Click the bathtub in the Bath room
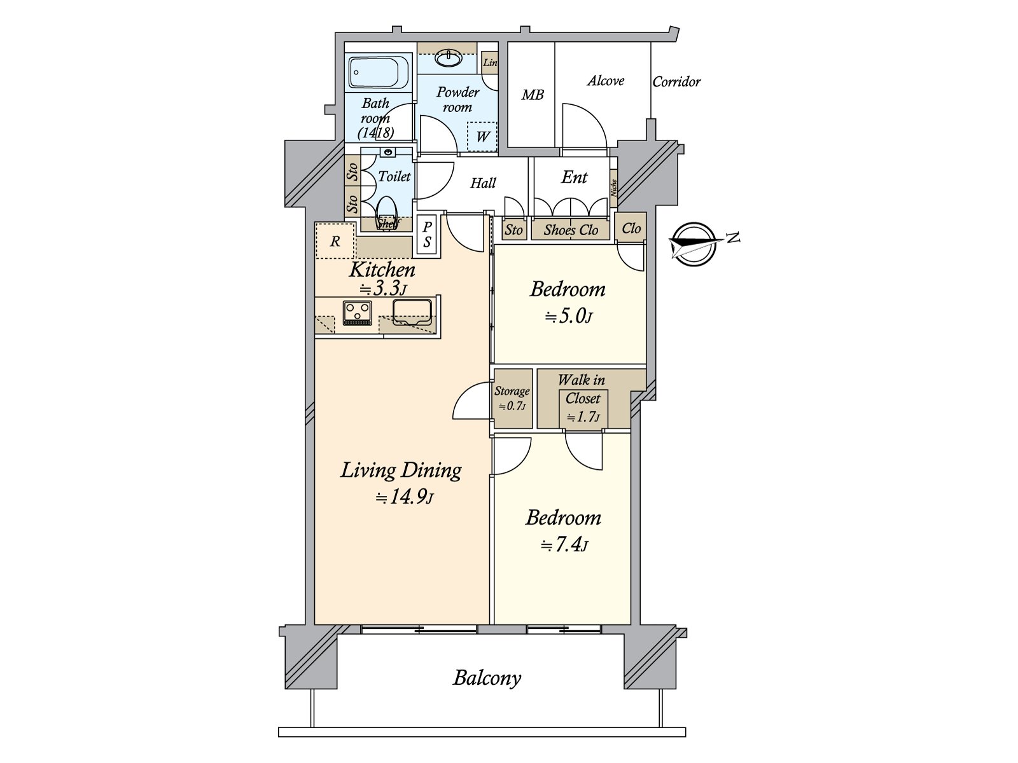(x=379, y=72)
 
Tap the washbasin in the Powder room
(x=449, y=58)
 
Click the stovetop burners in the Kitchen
(x=357, y=313)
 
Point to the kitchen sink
(x=412, y=312)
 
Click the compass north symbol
(x=695, y=244)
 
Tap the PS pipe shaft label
(x=427, y=235)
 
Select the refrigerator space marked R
(x=335, y=240)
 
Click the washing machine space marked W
(x=482, y=136)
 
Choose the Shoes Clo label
(x=571, y=230)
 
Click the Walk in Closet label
(x=582, y=389)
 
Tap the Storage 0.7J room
(x=512, y=399)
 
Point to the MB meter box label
(x=533, y=95)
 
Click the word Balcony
(x=487, y=678)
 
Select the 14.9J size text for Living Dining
(x=405, y=497)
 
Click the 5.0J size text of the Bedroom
(x=568, y=317)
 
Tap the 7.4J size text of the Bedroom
(x=564, y=545)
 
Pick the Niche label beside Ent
(x=613, y=188)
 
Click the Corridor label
(x=676, y=82)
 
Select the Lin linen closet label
(x=490, y=62)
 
